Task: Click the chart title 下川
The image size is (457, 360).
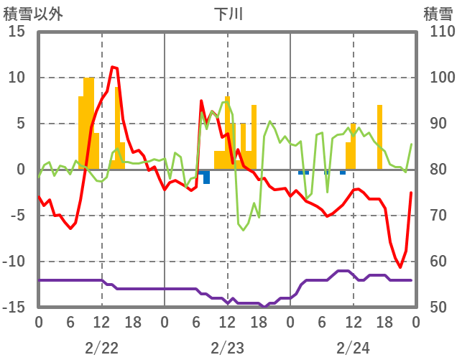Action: coord(228,14)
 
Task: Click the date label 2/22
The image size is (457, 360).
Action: coord(101,348)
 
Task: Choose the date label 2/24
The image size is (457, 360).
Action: coord(353,348)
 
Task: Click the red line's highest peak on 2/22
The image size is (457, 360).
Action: coord(113,67)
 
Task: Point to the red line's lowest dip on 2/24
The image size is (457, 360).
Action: coord(400,267)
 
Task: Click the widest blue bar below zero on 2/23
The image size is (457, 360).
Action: coord(206,177)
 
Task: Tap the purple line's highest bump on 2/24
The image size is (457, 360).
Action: coord(343,271)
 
